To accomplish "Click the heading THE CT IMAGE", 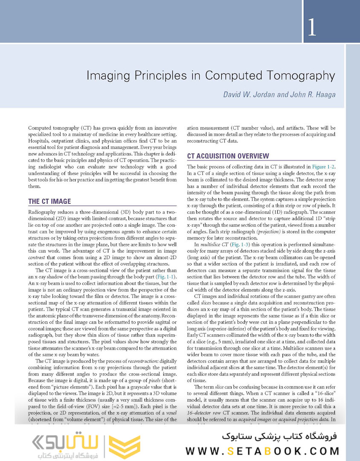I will [x=49, y=201].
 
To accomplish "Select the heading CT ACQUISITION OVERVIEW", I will [x=228, y=156].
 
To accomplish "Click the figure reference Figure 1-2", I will [x=323, y=166].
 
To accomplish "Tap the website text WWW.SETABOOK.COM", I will [x=263, y=451].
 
